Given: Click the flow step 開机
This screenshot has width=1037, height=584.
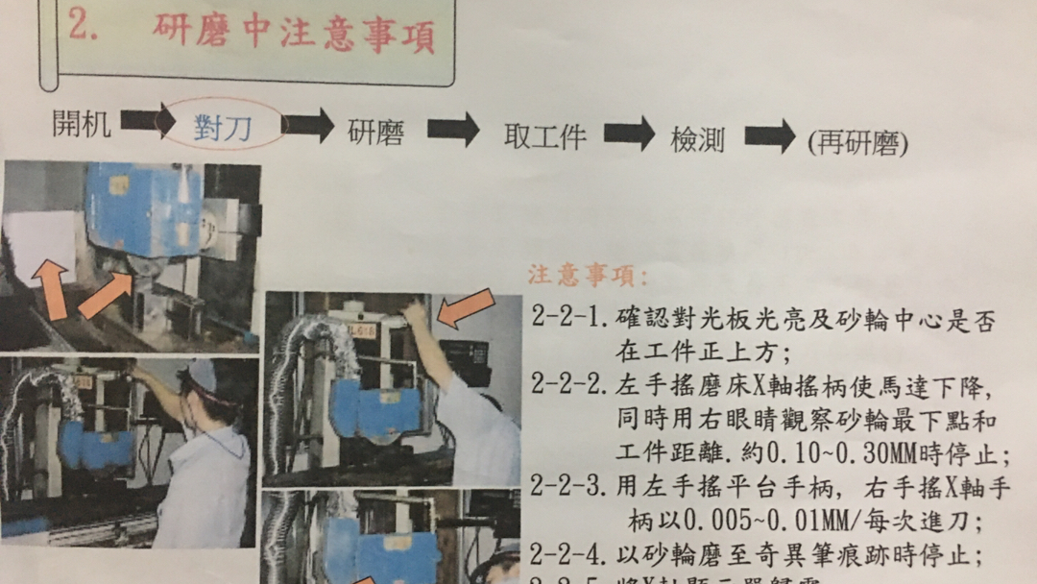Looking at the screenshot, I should tap(82, 124).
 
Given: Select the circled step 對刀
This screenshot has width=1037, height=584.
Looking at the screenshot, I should tap(223, 128).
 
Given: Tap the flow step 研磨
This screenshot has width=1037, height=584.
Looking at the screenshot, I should tap(375, 132).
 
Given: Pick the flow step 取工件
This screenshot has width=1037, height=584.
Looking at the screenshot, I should tap(544, 136).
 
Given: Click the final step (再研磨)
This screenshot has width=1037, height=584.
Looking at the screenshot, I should tap(857, 143).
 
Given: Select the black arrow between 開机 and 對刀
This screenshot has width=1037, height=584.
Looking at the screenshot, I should tap(147, 121).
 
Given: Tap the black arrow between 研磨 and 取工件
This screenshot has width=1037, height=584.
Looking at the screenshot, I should tap(452, 130).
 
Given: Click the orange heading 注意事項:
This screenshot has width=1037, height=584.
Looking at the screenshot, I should tap(588, 277).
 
